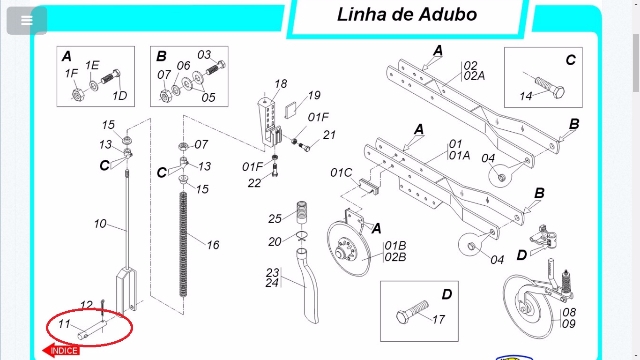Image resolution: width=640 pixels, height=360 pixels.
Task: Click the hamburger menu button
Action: tap(27, 20)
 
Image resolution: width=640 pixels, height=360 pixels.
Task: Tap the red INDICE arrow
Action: tap(61, 350)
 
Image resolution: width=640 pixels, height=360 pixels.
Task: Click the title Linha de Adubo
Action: tap(407, 15)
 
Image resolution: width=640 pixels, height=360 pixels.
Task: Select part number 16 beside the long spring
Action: tap(213, 245)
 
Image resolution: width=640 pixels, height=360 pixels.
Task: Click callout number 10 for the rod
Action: tap(100, 224)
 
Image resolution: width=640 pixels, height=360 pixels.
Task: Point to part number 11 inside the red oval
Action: tap(64, 324)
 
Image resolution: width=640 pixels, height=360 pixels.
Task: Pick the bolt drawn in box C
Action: tap(550, 86)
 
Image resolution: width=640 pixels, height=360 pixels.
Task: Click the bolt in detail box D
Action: tap(412, 312)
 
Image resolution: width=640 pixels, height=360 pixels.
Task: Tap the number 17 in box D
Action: tap(438, 319)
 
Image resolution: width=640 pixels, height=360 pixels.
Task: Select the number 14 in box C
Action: tap(526, 96)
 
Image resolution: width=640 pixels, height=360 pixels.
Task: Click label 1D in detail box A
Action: tap(120, 96)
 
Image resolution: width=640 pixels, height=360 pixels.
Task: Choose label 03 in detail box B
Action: tap(204, 55)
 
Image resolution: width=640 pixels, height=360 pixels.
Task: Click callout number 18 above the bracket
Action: tap(280, 84)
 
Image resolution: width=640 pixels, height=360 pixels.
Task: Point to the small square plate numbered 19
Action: tap(290, 110)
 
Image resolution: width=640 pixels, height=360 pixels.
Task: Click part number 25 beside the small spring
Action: tap(275, 219)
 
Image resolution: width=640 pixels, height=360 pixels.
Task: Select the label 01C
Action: tap(341, 173)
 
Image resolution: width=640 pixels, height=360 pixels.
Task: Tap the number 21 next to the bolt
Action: tap(329, 135)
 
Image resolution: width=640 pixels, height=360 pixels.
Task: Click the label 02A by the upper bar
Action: tap(474, 76)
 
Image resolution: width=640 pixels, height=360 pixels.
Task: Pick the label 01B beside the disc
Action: tap(395, 245)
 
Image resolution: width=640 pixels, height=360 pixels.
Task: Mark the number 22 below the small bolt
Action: tap(254, 183)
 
